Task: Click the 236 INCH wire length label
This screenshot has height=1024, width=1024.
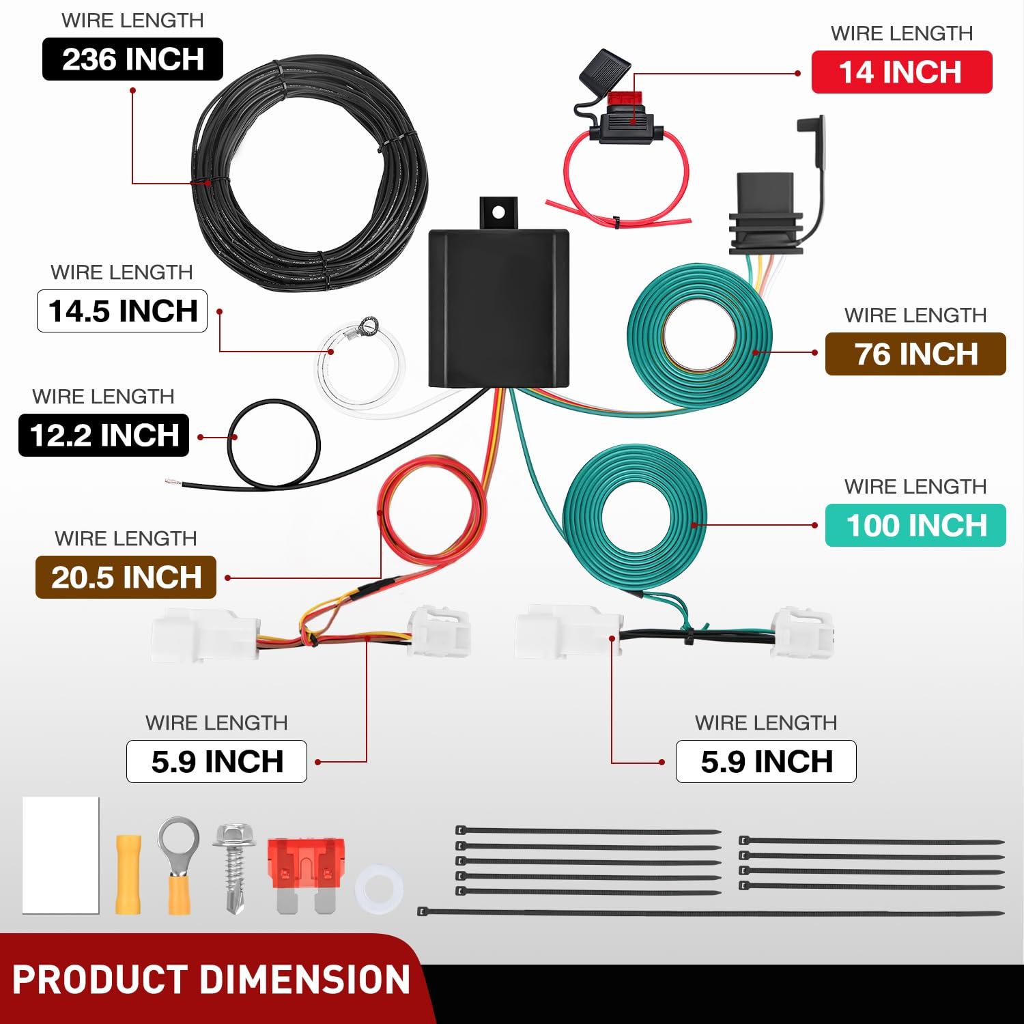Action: click(132, 59)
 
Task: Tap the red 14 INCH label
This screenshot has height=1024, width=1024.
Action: click(901, 72)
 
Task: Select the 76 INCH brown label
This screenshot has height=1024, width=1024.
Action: click(915, 354)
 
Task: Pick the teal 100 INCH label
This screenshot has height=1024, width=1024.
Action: click(915, 525)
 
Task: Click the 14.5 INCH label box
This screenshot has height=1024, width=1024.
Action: click(122, 311)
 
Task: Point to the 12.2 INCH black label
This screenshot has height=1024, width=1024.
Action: click(104, 435)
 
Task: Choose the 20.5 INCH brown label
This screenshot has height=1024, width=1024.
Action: click(126, 578)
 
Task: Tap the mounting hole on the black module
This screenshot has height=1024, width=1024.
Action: click(498, 212)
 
